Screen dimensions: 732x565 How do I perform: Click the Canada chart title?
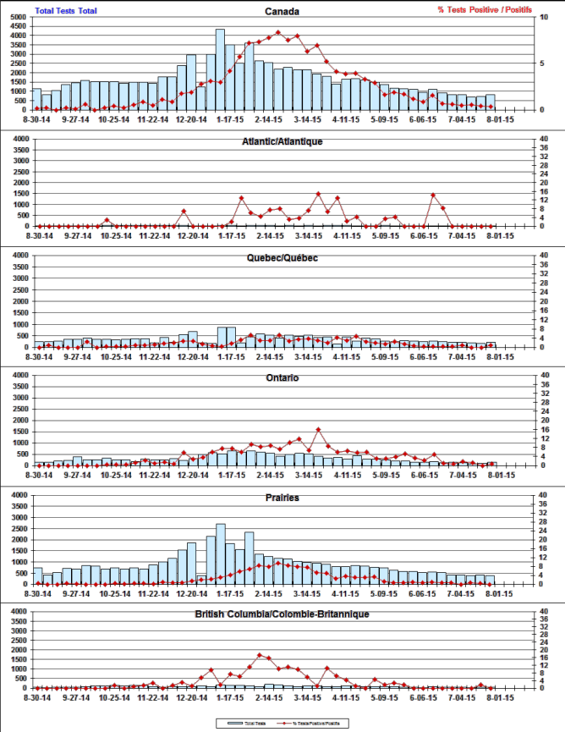coord(282,12)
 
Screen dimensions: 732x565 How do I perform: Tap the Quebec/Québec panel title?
coord(282,257)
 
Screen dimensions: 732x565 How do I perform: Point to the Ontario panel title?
coord(282,377)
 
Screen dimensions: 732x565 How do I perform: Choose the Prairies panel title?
coord(282,498)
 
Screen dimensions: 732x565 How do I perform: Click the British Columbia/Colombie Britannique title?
coord(282,614)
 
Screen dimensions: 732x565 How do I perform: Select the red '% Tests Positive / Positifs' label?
coord(485,9)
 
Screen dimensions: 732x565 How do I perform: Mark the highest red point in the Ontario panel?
coord(318,430)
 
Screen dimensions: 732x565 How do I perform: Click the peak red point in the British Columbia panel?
coord(260,655)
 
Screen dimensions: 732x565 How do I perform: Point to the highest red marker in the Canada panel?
coord(278,33)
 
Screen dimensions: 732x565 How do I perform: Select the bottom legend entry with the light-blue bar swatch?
coord(244,724)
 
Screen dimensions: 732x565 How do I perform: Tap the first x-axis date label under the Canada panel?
coord(38,119)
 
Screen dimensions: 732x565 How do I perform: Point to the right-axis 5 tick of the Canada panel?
coord(542,63)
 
